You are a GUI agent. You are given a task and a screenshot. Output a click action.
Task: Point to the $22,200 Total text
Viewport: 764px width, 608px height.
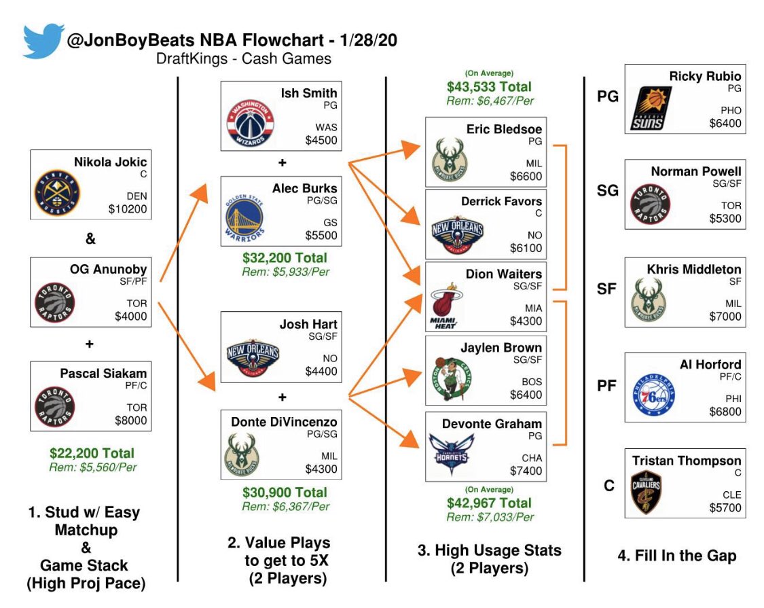pyautogui.click(x=92, y=453)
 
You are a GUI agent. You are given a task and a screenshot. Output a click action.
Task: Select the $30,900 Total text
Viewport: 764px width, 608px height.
pyautogui.click(x=285, y=492)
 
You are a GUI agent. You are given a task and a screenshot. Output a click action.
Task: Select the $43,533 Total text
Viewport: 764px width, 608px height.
pyautogui.click(x=489, y=87)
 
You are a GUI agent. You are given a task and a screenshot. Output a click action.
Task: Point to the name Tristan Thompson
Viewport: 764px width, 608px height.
pyautogui.click(x=687, y=460)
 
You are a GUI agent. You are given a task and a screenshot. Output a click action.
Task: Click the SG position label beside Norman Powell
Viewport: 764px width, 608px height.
pyautogui.click(x=608, y=191)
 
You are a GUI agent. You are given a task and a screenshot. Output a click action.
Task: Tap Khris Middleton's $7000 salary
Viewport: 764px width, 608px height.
pyautogui.click(x=723, y=316)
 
